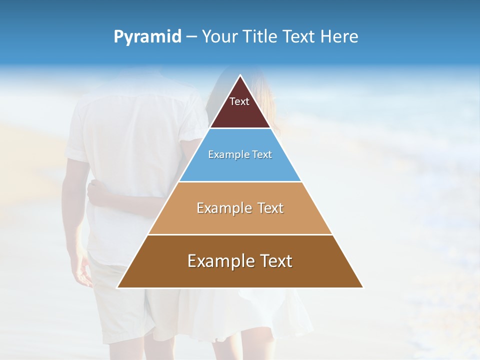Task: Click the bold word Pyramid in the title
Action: coord(147,37)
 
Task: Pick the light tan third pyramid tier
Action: coord(240,220)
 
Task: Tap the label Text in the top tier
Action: coord(239,101)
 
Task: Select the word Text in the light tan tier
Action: coord(270,208)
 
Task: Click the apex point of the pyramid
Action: coord(240,76)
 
